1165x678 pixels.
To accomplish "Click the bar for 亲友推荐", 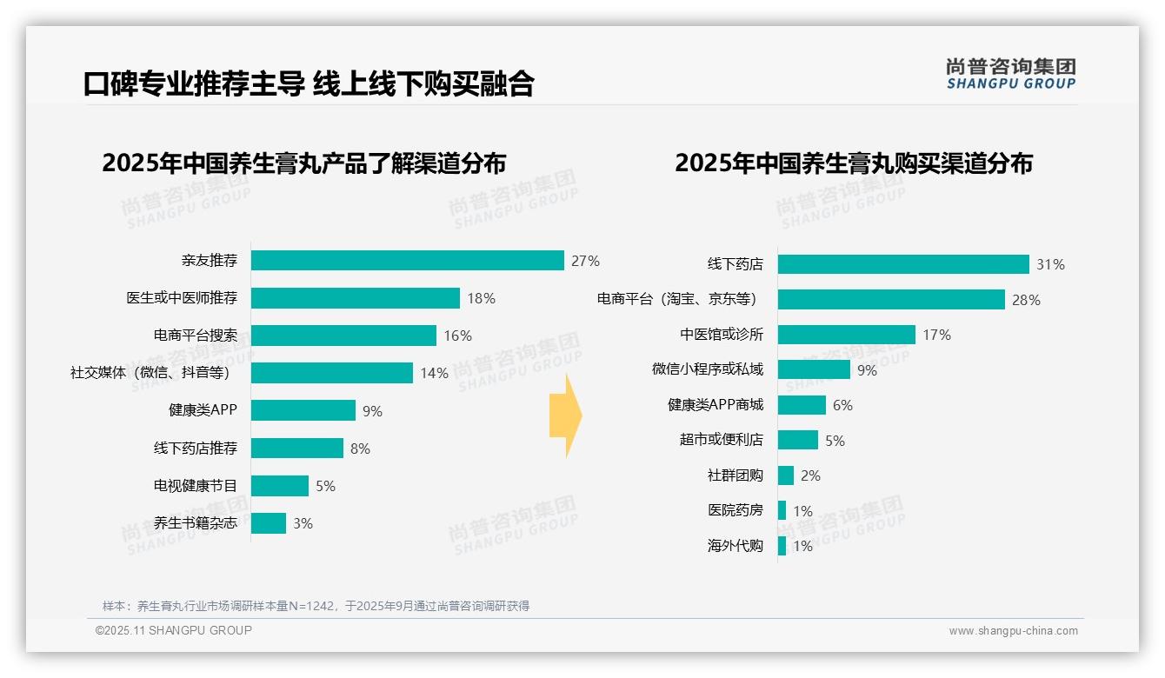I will coord(407,261).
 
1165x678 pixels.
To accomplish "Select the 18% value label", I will coord(481,298).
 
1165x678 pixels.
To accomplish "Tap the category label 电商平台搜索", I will coord(195,336).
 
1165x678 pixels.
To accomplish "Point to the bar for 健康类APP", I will coord(303,410).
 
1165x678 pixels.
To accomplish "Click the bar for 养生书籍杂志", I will coord(268,523).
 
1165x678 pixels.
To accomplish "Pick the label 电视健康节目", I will coord(195,486).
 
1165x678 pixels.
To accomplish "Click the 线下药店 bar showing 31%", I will coord(903,264).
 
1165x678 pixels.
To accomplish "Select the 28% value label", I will coord(1026,300).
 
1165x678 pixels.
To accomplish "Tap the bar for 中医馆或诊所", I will coord(846,335).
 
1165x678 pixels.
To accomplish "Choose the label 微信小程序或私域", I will coord(707,369).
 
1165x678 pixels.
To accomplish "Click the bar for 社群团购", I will coord(786,475).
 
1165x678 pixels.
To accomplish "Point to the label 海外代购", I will coord(735,546).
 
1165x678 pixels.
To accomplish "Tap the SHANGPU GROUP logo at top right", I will coord(1010,74).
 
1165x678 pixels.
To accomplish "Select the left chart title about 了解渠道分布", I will coord(303,163).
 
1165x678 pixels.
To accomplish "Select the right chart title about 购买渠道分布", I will coord(853,163).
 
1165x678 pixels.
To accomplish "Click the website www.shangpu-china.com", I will coord(1013,631).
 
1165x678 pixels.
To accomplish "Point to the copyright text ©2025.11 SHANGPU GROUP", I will coord(174,630).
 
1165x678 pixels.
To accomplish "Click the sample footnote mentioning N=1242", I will coord(316,606).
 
